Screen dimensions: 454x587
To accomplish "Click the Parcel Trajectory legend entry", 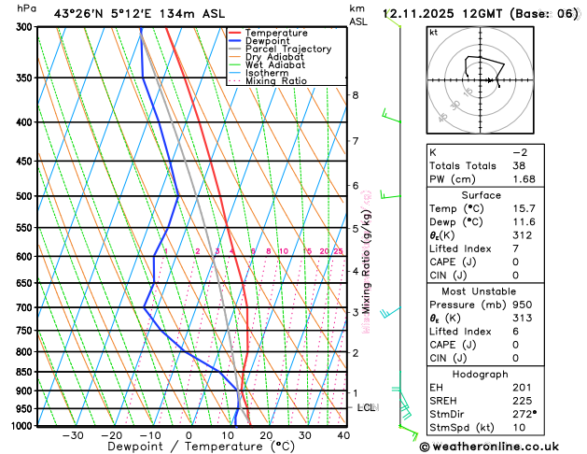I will (288, 50).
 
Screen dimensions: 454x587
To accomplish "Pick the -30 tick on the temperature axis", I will (73, 435).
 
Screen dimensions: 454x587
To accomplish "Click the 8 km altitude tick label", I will (355, 95).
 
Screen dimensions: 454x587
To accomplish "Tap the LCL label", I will (367, 408).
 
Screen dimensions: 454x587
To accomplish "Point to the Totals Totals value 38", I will (518, 165).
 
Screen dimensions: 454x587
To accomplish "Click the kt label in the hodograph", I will (434, 33).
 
